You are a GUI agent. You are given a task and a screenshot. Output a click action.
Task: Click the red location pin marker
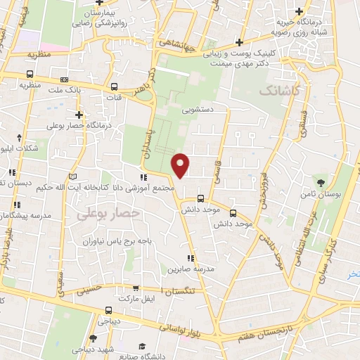181,164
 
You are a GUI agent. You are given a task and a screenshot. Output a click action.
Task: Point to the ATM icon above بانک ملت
65,79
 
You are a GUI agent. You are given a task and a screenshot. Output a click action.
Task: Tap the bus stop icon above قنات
114,87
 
